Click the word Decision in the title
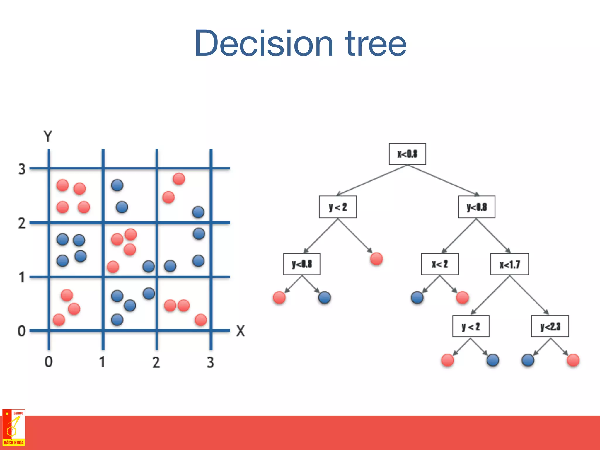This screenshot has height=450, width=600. [264, 43]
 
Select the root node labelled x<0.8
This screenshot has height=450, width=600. [407, 154]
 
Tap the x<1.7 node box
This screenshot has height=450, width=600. [509, 264]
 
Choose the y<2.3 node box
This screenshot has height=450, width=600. [550, 326]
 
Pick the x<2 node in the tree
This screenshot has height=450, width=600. [440, 264]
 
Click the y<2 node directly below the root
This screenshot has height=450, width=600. [338, 207]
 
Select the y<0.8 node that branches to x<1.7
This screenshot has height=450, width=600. [477, 207]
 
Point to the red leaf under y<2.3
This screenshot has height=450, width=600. [573, 360]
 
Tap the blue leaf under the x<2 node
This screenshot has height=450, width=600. [417, 297]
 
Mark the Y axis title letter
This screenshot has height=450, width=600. [48, 136]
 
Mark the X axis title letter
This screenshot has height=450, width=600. [241, 331]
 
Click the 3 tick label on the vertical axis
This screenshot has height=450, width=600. [22, 169]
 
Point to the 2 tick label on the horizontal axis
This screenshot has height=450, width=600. [156, 362]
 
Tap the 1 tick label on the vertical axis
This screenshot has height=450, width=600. [22, 277]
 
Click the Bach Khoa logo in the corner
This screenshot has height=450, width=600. [14, 428]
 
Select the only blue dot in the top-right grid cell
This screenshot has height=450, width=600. [198, 212]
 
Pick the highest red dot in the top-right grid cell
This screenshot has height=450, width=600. [179, 179]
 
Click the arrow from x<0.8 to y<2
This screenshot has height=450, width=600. [372, 180]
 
